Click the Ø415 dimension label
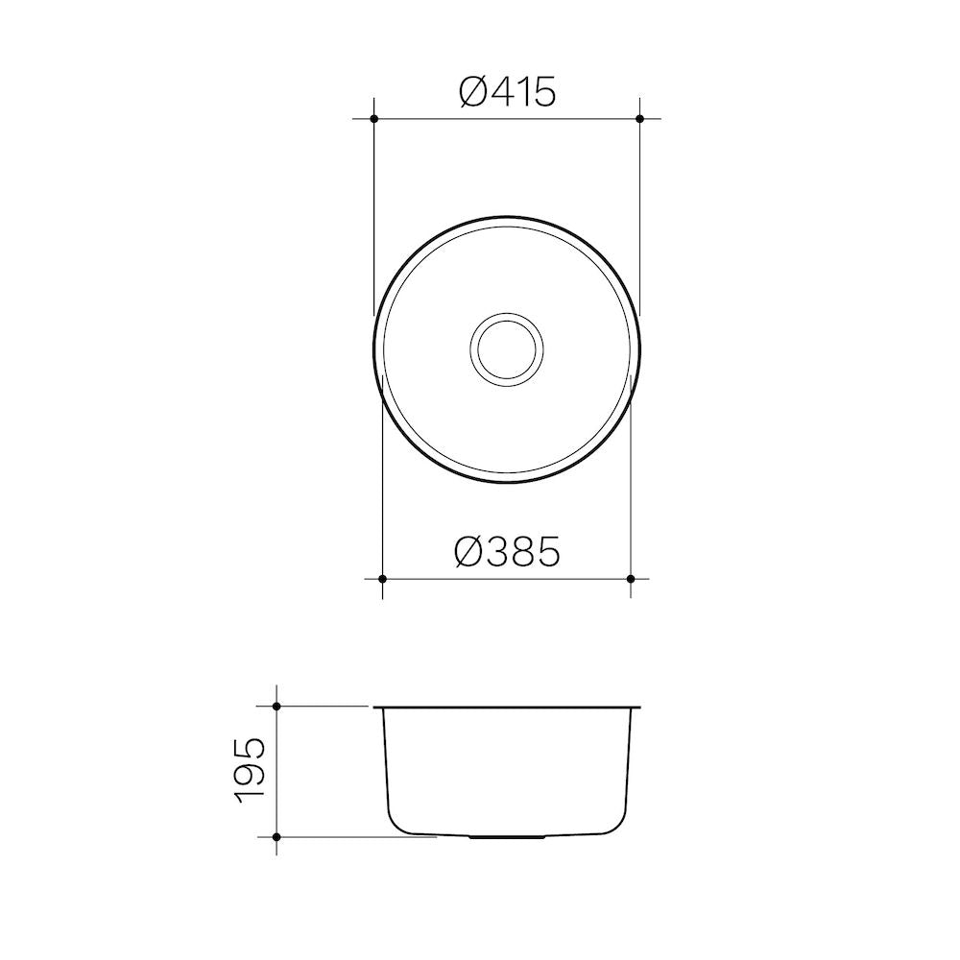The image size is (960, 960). point(507,92)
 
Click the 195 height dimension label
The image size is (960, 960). point(251,771)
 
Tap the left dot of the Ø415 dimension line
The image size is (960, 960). point(373,118)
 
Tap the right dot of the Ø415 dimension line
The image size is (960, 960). point(639,118)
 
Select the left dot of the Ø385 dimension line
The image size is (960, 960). point(383,579)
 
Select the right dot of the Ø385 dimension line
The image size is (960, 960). point(630,579)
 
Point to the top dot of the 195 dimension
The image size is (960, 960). point(276,707)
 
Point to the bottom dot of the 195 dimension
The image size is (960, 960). point(276,836)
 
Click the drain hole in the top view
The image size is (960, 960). point(507,347)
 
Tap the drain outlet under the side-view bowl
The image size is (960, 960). point(507,837)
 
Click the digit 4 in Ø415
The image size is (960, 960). point(504,92)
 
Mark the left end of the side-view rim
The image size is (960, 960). point(375,708)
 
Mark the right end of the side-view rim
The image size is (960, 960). point(638,708)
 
